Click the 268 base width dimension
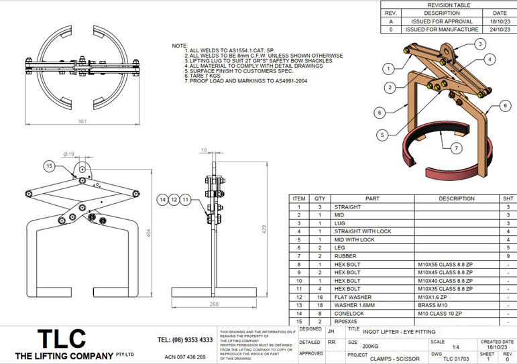(214, 304)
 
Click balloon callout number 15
(48, 166)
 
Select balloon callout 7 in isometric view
(456, 147)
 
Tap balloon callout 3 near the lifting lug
(480, 44)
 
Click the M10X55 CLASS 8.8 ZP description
(444, 264)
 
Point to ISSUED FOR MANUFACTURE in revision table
(442, 29)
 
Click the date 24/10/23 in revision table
(500, 29)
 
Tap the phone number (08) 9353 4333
(185, 340)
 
